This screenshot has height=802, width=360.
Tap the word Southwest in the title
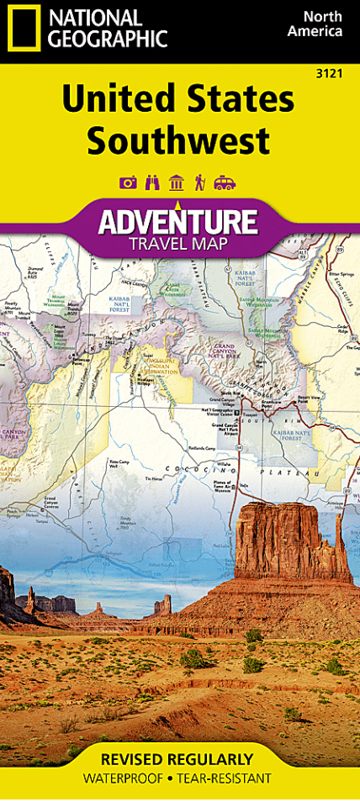(x=178, y=139)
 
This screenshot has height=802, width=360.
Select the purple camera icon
(x=128, y=182)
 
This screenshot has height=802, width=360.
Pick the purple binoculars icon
(x=153, y=182)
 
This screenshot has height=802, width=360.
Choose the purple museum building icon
(x=177, y=182)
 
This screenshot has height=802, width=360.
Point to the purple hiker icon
(x=200, y=182)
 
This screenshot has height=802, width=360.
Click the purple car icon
(x=225, y=182)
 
